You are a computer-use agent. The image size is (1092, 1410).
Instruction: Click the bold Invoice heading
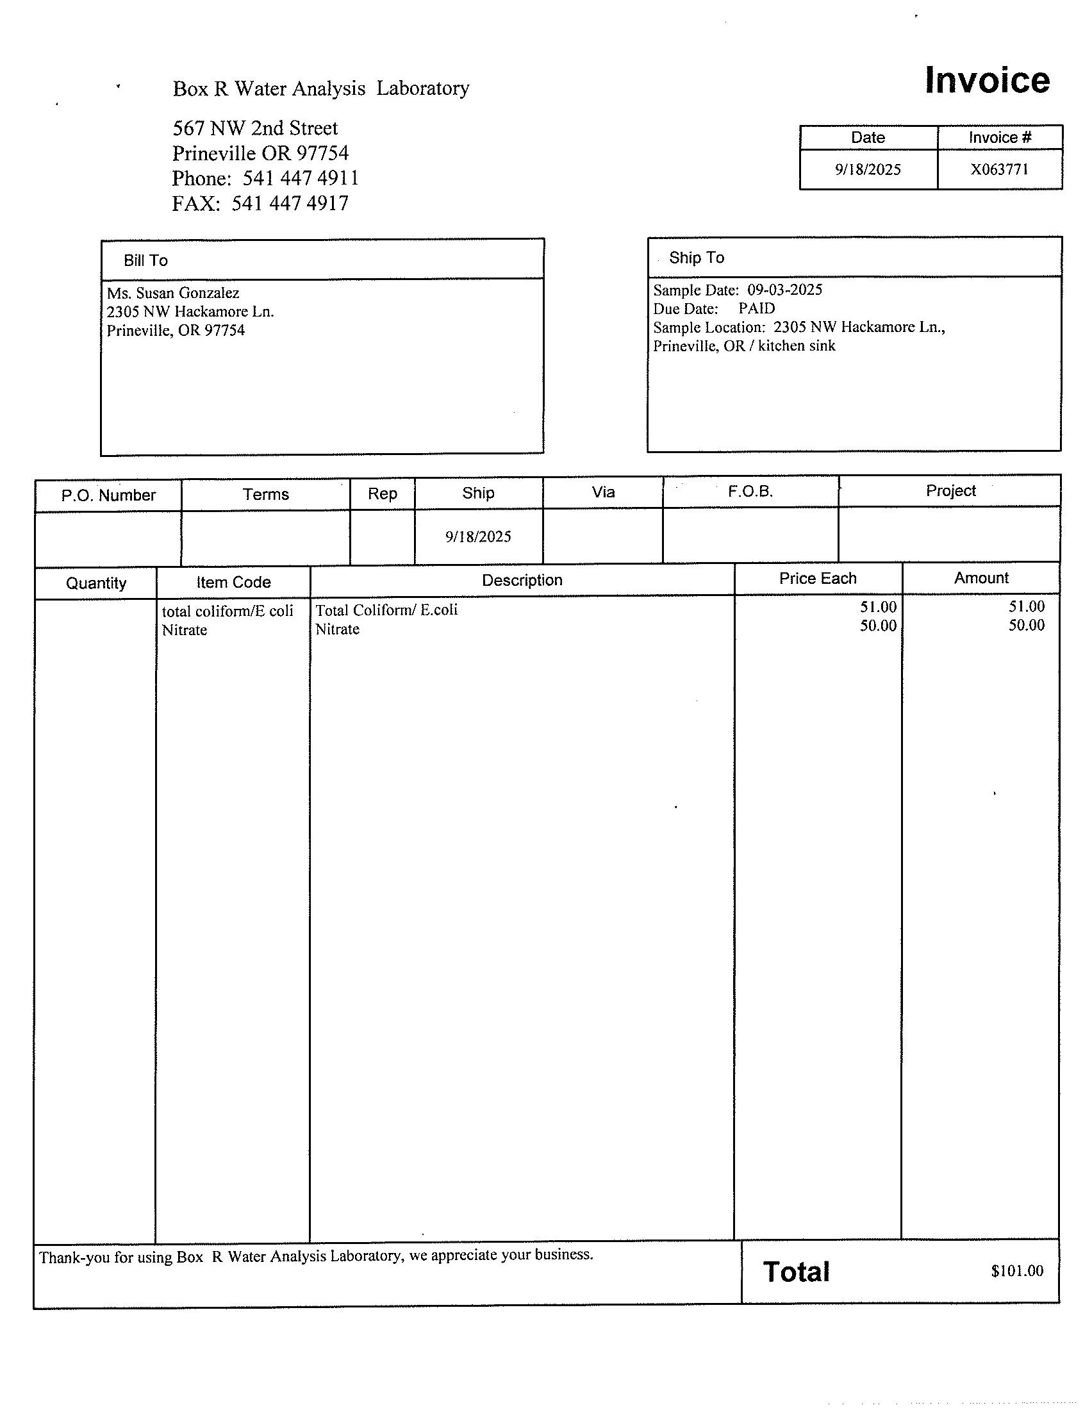tap(987, 80)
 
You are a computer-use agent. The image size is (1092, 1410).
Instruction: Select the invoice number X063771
tap(999, 169)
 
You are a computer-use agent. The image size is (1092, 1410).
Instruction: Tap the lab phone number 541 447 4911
tap(300, 178)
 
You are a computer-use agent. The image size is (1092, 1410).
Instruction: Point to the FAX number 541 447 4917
tap(290, 203)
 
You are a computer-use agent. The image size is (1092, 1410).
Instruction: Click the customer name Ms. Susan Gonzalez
tap(173, 293)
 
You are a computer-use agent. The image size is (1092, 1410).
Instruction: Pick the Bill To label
tap(146, 260)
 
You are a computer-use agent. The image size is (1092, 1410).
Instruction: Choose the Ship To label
tap(697, 258)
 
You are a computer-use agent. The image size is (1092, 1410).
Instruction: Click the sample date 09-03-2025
tap(785, 290)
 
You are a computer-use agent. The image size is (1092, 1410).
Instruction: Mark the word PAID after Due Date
tap(756, 309)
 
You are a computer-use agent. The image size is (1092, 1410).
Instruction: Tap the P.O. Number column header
tap(108, 495)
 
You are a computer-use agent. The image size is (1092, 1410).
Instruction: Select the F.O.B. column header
tap(750, 492)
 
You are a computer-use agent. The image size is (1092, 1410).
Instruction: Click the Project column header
tap(950, 491)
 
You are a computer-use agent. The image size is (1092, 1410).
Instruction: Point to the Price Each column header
tap(818, 579)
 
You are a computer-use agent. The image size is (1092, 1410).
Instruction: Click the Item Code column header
tap(233, 583)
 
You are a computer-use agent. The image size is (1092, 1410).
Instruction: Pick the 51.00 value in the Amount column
tap(1026, 606)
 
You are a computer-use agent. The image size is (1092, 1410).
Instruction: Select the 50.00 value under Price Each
tap(878, 626)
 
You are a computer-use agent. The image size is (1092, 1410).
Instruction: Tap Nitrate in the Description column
tap(338, 629)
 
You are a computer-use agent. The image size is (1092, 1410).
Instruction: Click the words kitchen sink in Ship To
tap(797, 346)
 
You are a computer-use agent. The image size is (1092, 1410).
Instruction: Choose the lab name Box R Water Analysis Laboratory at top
tap(321, 88)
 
